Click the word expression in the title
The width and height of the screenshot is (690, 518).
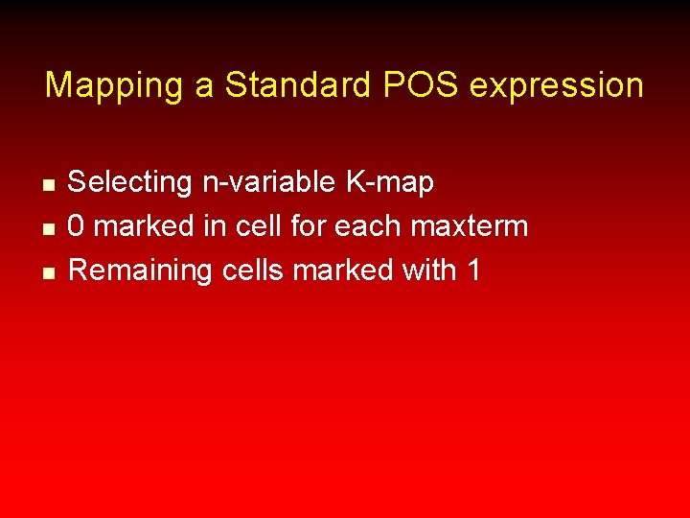point(557,85)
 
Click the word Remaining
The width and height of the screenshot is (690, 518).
point(141,271)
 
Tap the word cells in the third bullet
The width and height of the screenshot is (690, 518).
point(254,271)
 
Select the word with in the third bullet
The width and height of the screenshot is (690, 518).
point(428,271)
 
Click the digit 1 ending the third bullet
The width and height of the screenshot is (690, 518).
point(471,271)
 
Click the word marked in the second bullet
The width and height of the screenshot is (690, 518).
point(144,226)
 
